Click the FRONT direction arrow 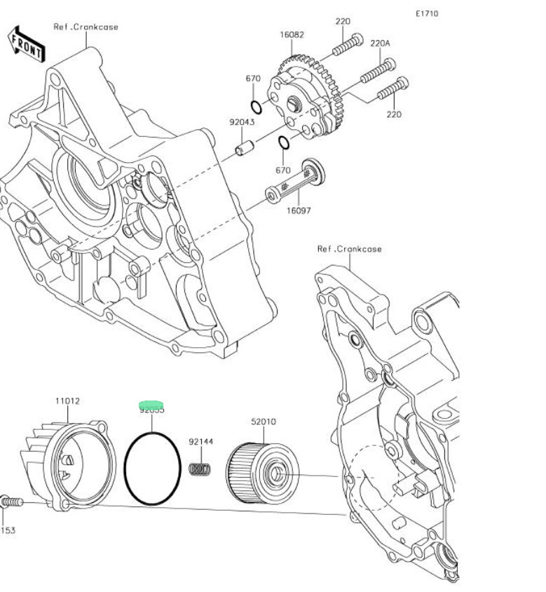[26, 43]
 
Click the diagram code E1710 [427, 13]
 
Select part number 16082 [292, 34]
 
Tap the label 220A [380, 43]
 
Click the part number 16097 [299, 210]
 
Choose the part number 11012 [67, 401]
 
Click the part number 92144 [200, 442]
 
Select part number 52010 [264, 422]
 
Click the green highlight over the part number [151, 405]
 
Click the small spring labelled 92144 [202, 469]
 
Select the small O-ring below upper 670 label [257, 107]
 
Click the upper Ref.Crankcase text [86, 27]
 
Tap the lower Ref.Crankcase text [349, 248]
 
